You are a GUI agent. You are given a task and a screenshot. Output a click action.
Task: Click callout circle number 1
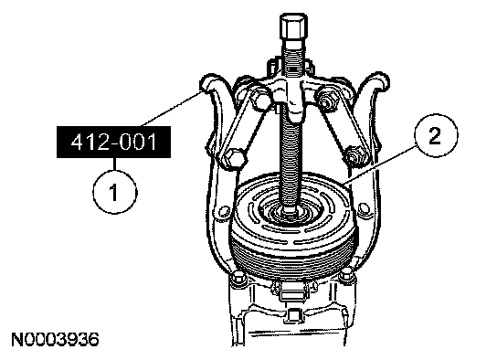115,191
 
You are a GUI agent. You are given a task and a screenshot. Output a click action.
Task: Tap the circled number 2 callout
436,135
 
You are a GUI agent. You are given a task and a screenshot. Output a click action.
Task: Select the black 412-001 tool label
114,142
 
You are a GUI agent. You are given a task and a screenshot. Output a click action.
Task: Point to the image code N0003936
55,339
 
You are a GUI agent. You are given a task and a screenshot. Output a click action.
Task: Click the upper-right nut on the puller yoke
325,99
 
